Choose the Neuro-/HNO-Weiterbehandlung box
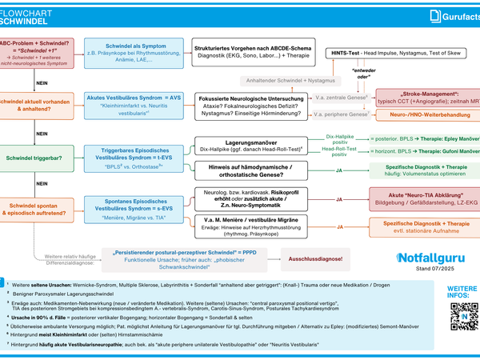coord(426,115)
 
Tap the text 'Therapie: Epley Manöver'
coord(444,138)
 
